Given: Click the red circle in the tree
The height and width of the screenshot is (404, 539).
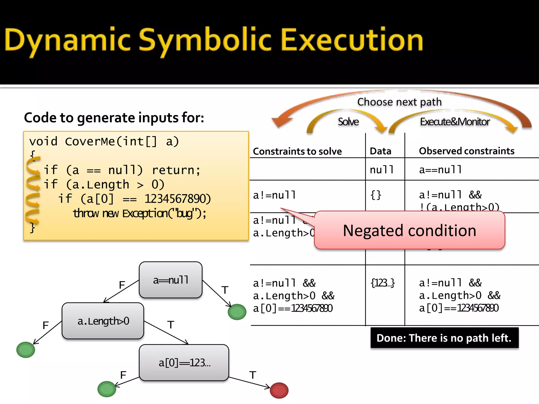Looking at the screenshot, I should tap(279, 390).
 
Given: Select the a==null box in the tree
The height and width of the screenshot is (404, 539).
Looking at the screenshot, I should tap(171, 280).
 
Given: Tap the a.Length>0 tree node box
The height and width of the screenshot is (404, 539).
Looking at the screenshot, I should tap(103, 321).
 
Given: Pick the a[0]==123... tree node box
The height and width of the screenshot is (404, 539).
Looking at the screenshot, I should tap(184, 363).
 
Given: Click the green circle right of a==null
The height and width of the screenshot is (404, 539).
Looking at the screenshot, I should tap(237, 312).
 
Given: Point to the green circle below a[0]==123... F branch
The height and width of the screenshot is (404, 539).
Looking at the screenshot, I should tap(107, 389).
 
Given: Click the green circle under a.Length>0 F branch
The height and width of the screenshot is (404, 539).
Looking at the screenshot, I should tap(26, 350).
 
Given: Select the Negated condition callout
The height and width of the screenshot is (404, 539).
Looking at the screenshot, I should tap(410, 230).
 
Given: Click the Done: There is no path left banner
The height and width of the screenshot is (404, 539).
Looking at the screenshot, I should tap(444, 338).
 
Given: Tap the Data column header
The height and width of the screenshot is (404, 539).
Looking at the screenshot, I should tap(380, 151).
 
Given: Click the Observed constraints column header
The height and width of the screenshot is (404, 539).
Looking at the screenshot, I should tap(466, 151).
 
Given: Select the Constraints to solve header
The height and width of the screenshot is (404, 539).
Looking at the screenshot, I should tap(297, 151).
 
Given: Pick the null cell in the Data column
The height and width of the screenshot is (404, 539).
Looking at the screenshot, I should tap(381, 170).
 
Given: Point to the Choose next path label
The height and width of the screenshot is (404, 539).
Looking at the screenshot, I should tap(399, 102).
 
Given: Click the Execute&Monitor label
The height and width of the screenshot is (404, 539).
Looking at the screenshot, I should tap(455, 122).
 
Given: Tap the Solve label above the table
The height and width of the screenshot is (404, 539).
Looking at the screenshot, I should tap(348, 122).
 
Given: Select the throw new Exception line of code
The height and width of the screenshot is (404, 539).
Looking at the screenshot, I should tap(139, 213).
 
